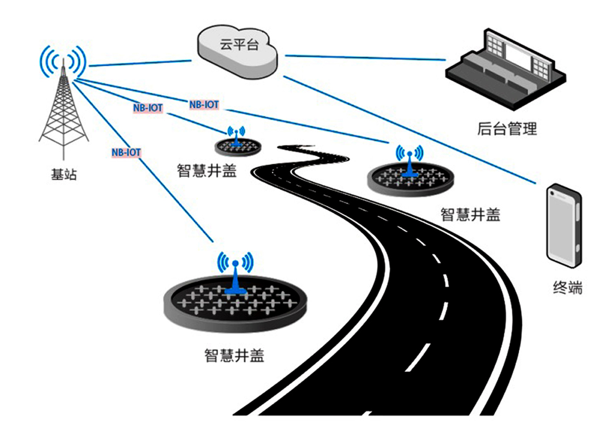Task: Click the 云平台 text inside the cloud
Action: [x=239, y=44]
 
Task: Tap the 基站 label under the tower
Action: [x=64, y=174]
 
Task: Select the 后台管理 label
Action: [x=507, y=129]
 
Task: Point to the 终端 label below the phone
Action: [x=568, y=288]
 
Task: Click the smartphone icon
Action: [x=564, y=225]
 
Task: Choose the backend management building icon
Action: [x=506, y=69]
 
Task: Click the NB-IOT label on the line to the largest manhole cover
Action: [x=126, y=153]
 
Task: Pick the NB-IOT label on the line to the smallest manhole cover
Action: [x=148, y=108]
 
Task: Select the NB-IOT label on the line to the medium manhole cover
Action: [x=204, y=105]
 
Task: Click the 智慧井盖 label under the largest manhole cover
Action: [x=235, y=355]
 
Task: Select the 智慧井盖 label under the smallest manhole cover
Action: [x=207, y=171]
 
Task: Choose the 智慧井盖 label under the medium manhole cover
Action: [x=470, y=215]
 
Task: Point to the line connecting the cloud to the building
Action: [x=366, y=58]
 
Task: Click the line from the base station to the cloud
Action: [x=140, y=63]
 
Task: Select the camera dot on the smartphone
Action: [x=552, y=193]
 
